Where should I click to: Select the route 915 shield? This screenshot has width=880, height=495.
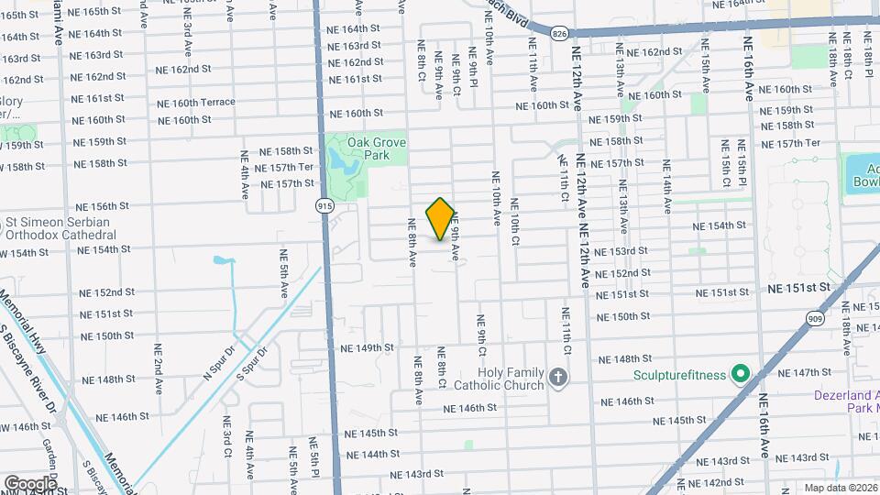pyautogui.click(x=324, y=206)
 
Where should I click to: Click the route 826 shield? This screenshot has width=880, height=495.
pyautogui.click(x=559, y=33)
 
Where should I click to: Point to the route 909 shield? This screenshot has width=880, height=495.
pyautogui.click(x=815, y=317)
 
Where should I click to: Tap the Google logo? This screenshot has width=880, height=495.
pyautogui.click(x=29, y=483)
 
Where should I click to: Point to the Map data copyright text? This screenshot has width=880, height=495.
pyautogui.click(x=838, y=488)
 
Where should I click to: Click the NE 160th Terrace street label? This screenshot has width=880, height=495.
pyautogui.click(x=196, y=102)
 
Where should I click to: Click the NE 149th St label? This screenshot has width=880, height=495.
pyautogui.click(x=367, y=348)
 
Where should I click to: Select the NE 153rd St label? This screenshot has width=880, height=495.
pyautogui.click(x=621, y=251)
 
